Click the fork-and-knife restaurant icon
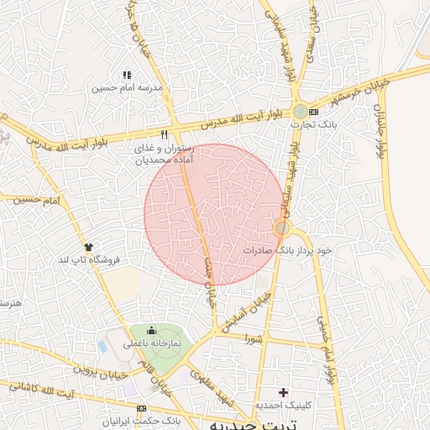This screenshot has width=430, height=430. [165, 134]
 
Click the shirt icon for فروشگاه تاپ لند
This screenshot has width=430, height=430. [88, 246]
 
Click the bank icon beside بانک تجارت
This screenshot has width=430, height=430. [314, 112]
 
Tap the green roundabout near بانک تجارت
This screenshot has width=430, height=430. [300, 111]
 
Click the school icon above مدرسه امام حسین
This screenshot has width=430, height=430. [127, 75]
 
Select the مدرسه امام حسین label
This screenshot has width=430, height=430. [128, 87]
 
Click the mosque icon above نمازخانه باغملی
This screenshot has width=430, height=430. [151, 329]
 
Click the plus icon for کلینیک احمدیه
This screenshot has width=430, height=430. [283, 391]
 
